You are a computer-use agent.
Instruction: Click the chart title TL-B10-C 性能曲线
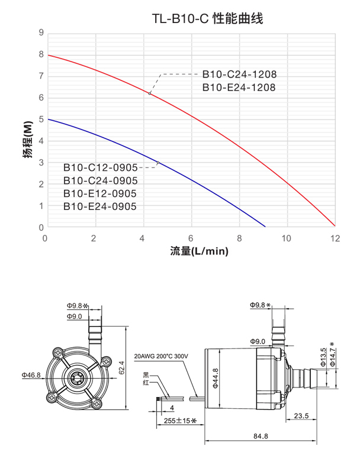click(x=207, y=18)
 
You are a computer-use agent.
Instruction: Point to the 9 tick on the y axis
click(x=41, y=33)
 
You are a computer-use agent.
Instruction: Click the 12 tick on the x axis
click(x=335, y=238)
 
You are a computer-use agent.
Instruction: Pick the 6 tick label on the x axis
click(x=191, y=238)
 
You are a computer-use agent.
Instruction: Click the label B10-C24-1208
click(x=239, y=75)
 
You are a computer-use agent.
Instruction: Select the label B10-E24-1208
click(x=239, y=88)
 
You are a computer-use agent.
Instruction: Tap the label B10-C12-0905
click(x=100, y=167)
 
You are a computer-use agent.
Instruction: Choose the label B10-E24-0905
click(x=100, y=206)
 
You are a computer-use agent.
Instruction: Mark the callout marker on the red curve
click(x=150, y=93)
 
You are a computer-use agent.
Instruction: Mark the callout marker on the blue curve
click(x=158, y=163)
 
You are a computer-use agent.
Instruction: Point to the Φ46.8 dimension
click(x=31, y=375)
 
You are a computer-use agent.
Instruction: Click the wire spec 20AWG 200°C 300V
click(x=161, y=357)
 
